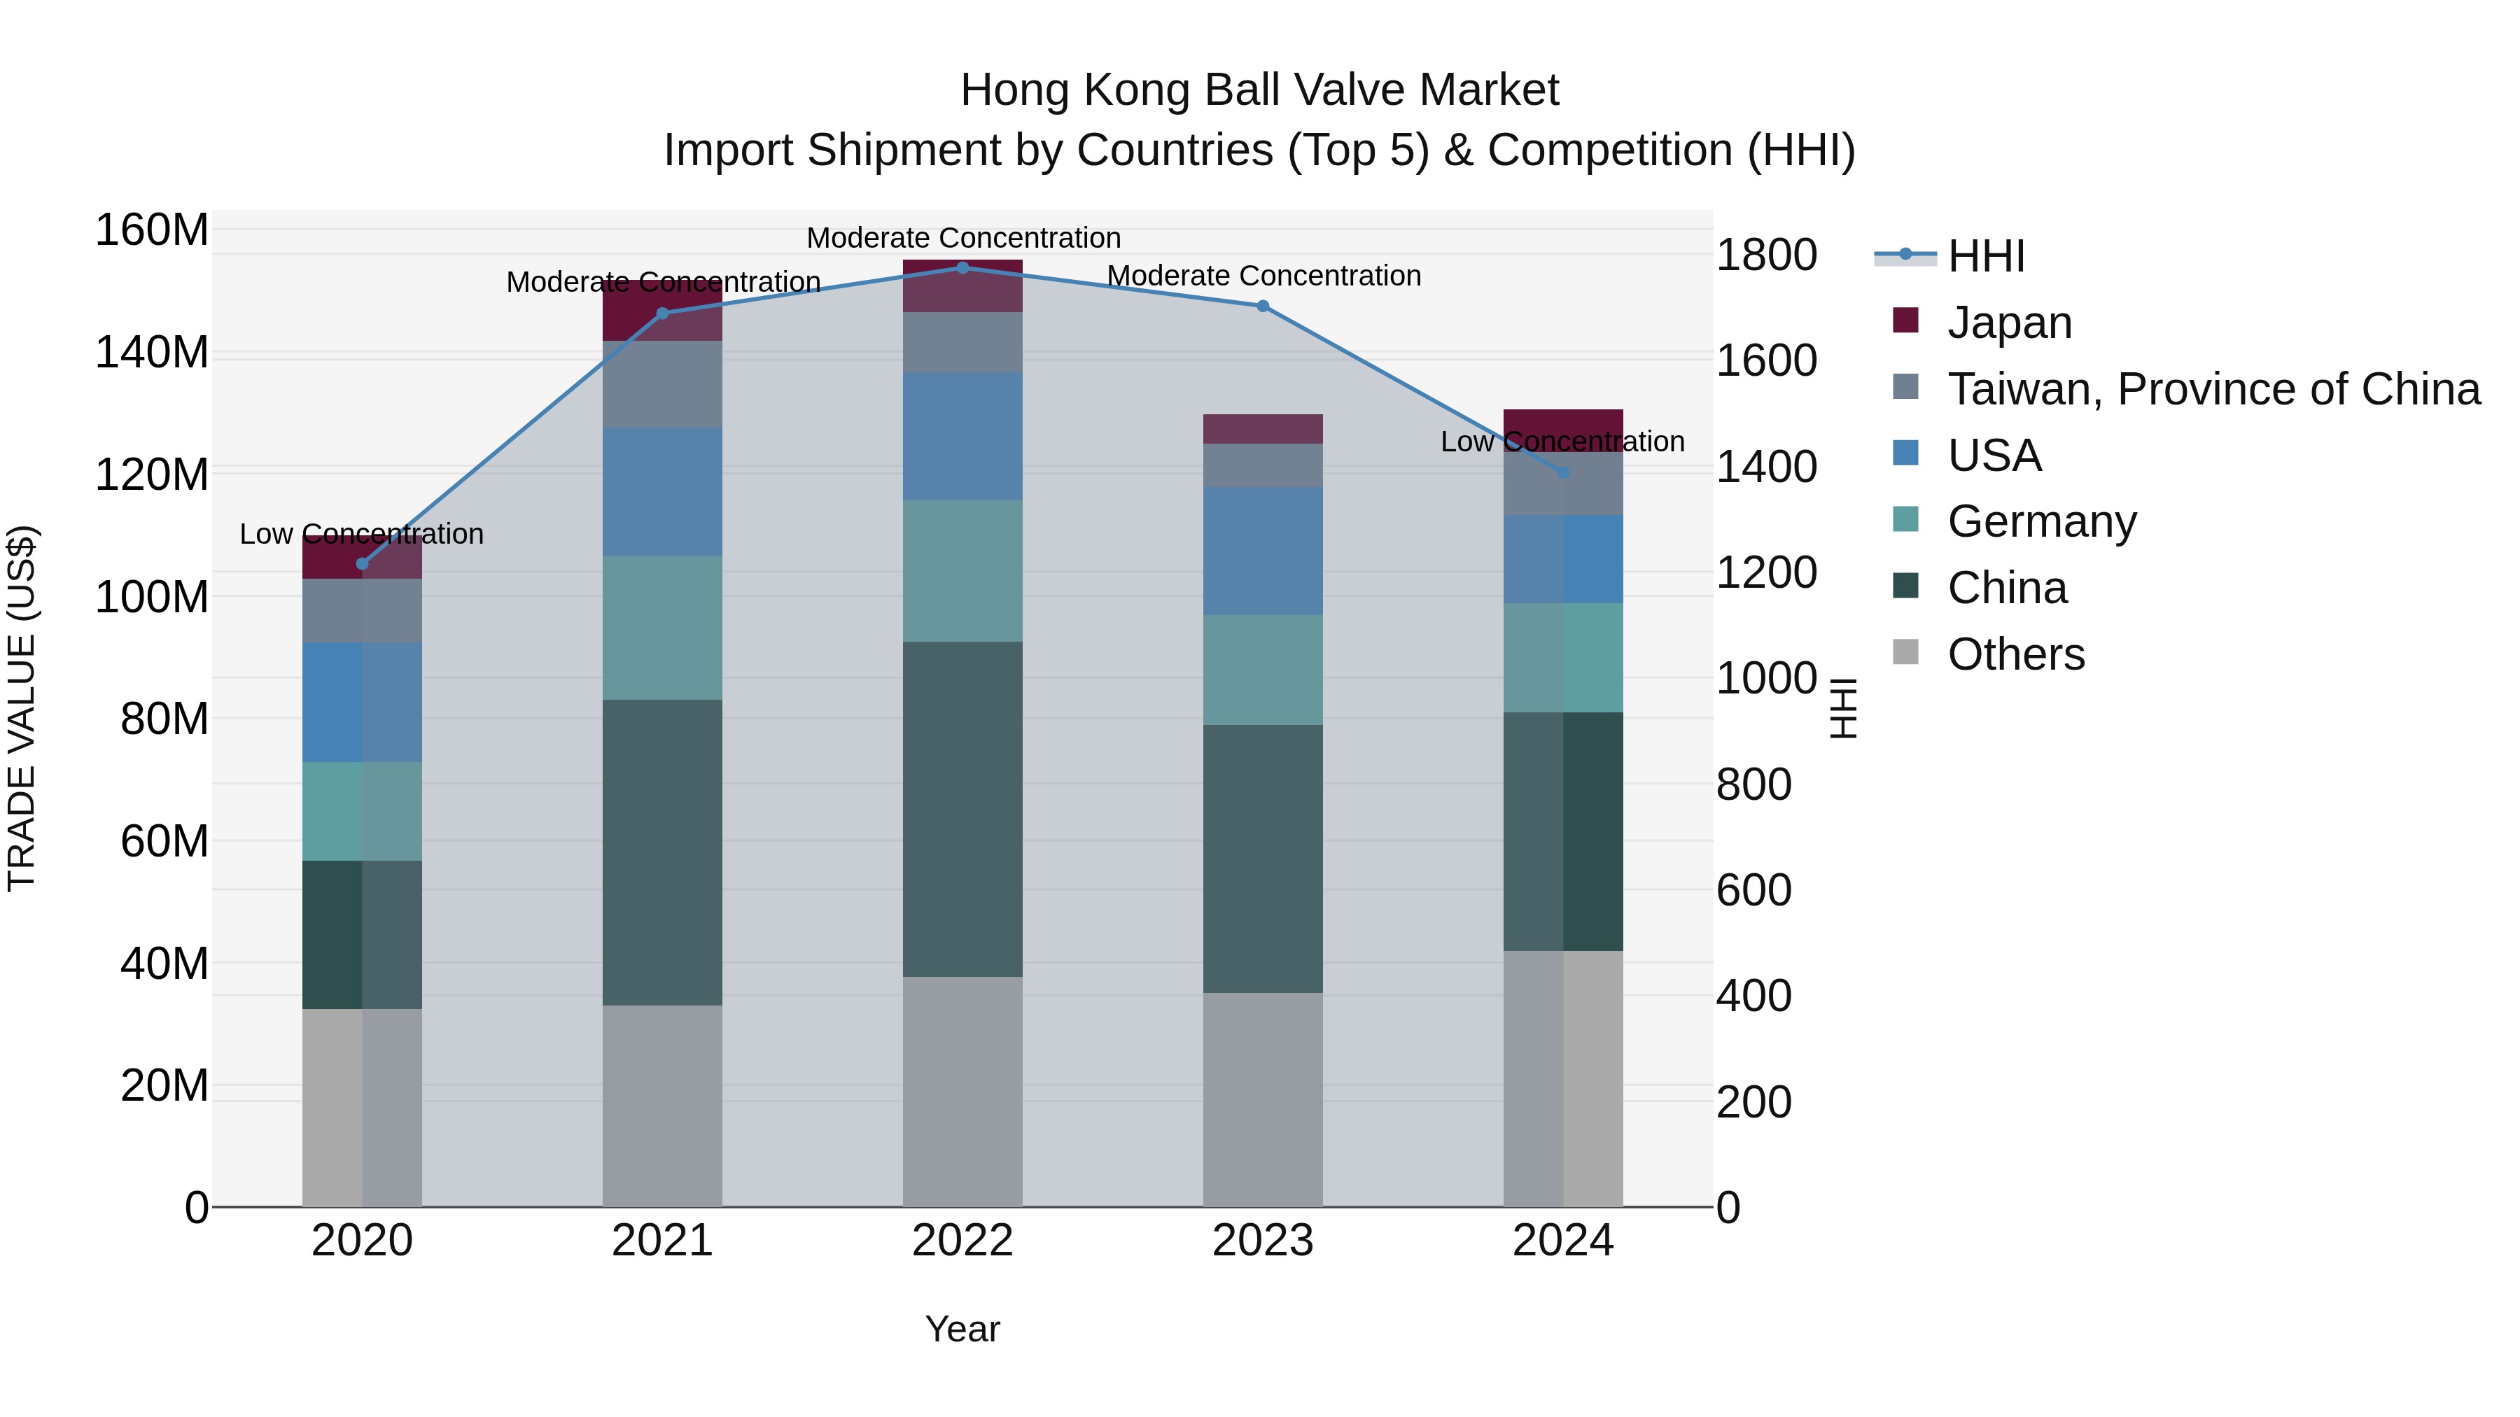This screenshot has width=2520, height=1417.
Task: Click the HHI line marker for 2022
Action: click(962, 268)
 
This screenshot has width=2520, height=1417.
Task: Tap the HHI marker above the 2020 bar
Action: click(362, 564)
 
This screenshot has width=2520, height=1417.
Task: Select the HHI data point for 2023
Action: click(1263, 306)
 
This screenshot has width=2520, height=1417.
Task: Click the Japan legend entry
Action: click(2008, 322)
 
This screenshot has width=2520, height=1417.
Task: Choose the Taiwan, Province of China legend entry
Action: click(2213, 388)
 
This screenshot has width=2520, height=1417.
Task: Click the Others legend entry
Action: click(2015, 654)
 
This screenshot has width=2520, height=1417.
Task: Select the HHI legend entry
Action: click(1985, 256)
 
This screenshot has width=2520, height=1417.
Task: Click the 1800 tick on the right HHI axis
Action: click(1767, 255)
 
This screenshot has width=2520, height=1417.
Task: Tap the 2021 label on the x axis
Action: click(662, 1241)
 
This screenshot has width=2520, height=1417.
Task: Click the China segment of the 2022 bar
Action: click(962, 809)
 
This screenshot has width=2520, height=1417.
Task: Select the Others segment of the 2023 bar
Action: click(1263, 1099)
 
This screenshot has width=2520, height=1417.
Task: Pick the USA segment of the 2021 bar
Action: click(662, 492)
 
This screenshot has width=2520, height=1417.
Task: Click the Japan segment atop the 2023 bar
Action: click(1263, 430)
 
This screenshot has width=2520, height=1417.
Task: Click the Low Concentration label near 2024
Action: click(1562, 442)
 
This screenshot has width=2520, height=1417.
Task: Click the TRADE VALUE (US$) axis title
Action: click(22, 708)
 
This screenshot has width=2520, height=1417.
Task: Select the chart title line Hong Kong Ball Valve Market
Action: click(1259, 90)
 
